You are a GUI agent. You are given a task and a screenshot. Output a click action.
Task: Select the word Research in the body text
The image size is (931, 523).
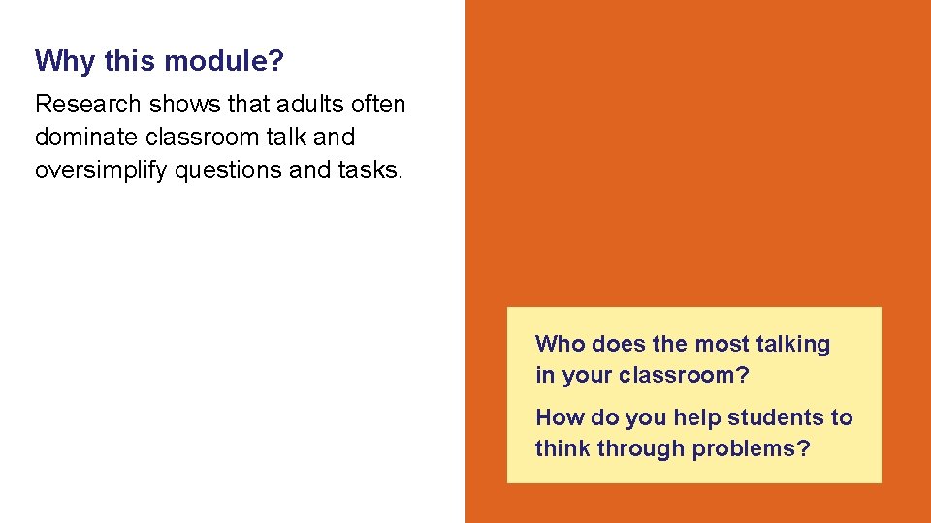pos(88,104)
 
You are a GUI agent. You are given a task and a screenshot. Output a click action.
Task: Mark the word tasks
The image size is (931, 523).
pos(369,169)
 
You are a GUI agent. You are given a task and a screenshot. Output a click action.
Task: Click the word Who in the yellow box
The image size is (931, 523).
pos(560,344)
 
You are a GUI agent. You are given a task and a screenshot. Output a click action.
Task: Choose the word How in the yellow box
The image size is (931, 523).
pos(559,417)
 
